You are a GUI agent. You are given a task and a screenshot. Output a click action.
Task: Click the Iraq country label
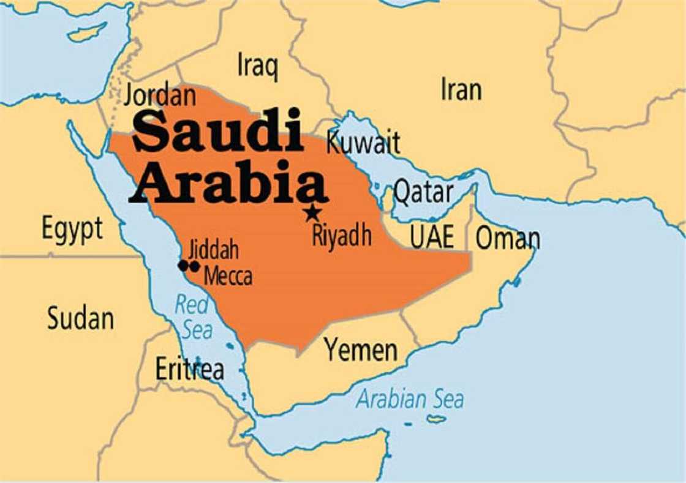257,66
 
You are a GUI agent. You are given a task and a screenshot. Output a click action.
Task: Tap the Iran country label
461,89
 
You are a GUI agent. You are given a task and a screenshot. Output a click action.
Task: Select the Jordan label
160,96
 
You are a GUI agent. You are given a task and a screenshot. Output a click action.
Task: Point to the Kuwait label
363,143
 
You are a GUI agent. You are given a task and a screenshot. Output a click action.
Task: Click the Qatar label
423,192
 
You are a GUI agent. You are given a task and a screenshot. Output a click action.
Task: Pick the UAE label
432,238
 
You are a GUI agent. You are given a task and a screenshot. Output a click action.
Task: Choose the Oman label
508,238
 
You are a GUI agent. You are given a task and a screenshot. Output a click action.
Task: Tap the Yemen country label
361,350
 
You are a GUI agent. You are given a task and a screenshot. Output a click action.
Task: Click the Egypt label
72,230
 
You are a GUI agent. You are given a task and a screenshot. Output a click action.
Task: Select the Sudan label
80,318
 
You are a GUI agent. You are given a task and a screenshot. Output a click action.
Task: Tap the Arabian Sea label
410,399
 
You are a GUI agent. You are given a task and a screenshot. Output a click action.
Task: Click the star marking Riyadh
312,213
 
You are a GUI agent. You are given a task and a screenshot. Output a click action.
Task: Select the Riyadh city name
342,235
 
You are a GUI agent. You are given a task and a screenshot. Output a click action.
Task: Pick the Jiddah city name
213,250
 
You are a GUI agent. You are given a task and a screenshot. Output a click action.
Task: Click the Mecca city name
228,276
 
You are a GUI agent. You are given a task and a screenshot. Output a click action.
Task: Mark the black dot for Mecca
195,266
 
